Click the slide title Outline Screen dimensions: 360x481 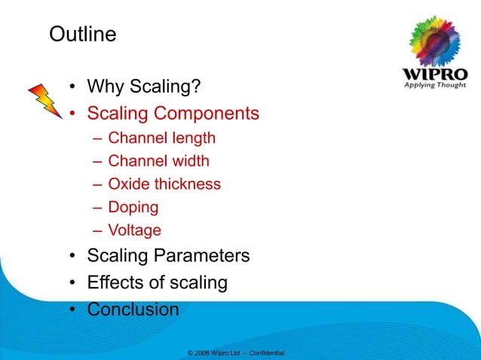[x=82, y=35]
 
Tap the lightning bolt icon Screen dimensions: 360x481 [x=44, y=102]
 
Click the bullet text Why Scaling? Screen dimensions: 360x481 [x=143, y=89]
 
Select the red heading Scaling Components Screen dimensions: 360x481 [x=173, y=114]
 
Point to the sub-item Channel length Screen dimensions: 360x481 [x=161, y=139]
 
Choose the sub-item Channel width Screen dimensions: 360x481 [x=158, y=161]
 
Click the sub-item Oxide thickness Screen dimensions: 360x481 [x=164, y=184]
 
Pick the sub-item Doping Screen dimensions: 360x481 [x=133, y=206]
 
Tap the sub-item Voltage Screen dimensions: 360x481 [x=134, y=230]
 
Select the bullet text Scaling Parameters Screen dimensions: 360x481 [x=168, y=256]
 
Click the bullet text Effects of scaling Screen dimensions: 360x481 [x=157, y=283]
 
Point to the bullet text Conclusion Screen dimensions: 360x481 [x=133, y=310]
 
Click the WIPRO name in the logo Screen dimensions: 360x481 [x=434, y=76]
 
